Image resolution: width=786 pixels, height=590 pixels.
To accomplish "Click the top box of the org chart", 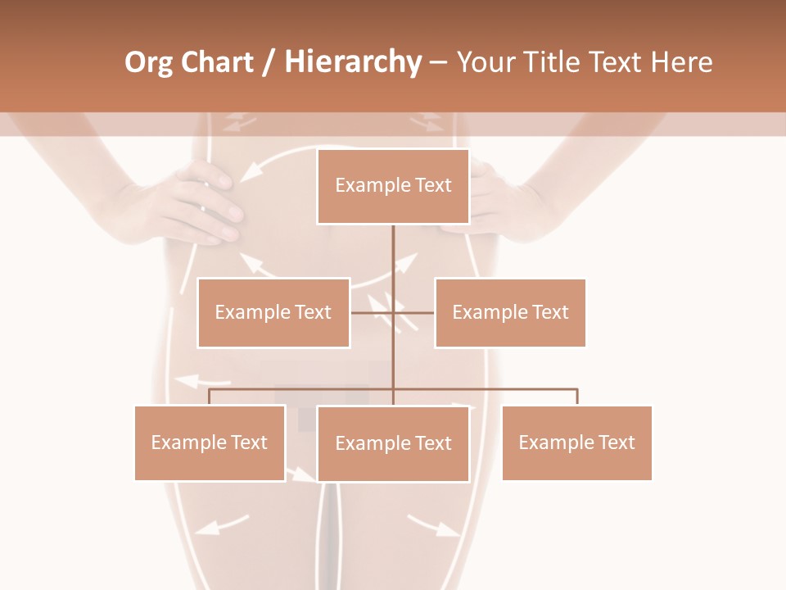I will tap(393, 186).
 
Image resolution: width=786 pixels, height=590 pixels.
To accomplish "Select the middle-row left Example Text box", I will tap(273, 312).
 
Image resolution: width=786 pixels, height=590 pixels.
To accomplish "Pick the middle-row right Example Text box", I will tap(510, 312).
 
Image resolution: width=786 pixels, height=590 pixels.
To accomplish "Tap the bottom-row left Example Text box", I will tap(210, 442).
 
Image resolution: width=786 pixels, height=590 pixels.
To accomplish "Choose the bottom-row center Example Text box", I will tap(393, 443).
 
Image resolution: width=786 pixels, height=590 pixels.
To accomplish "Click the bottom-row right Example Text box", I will tap(576, 442).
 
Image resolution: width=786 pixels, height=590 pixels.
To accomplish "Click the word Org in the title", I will tap(148, 62).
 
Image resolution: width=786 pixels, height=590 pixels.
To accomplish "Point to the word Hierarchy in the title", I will tap(353, 62).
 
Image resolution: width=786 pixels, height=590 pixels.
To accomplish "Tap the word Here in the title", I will tap(683, 62).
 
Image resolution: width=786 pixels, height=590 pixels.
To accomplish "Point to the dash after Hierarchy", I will tap(438, 62).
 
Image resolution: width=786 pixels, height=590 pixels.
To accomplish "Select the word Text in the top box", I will tap(433, 185).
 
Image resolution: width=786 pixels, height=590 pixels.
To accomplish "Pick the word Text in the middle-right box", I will tap(550, 312).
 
